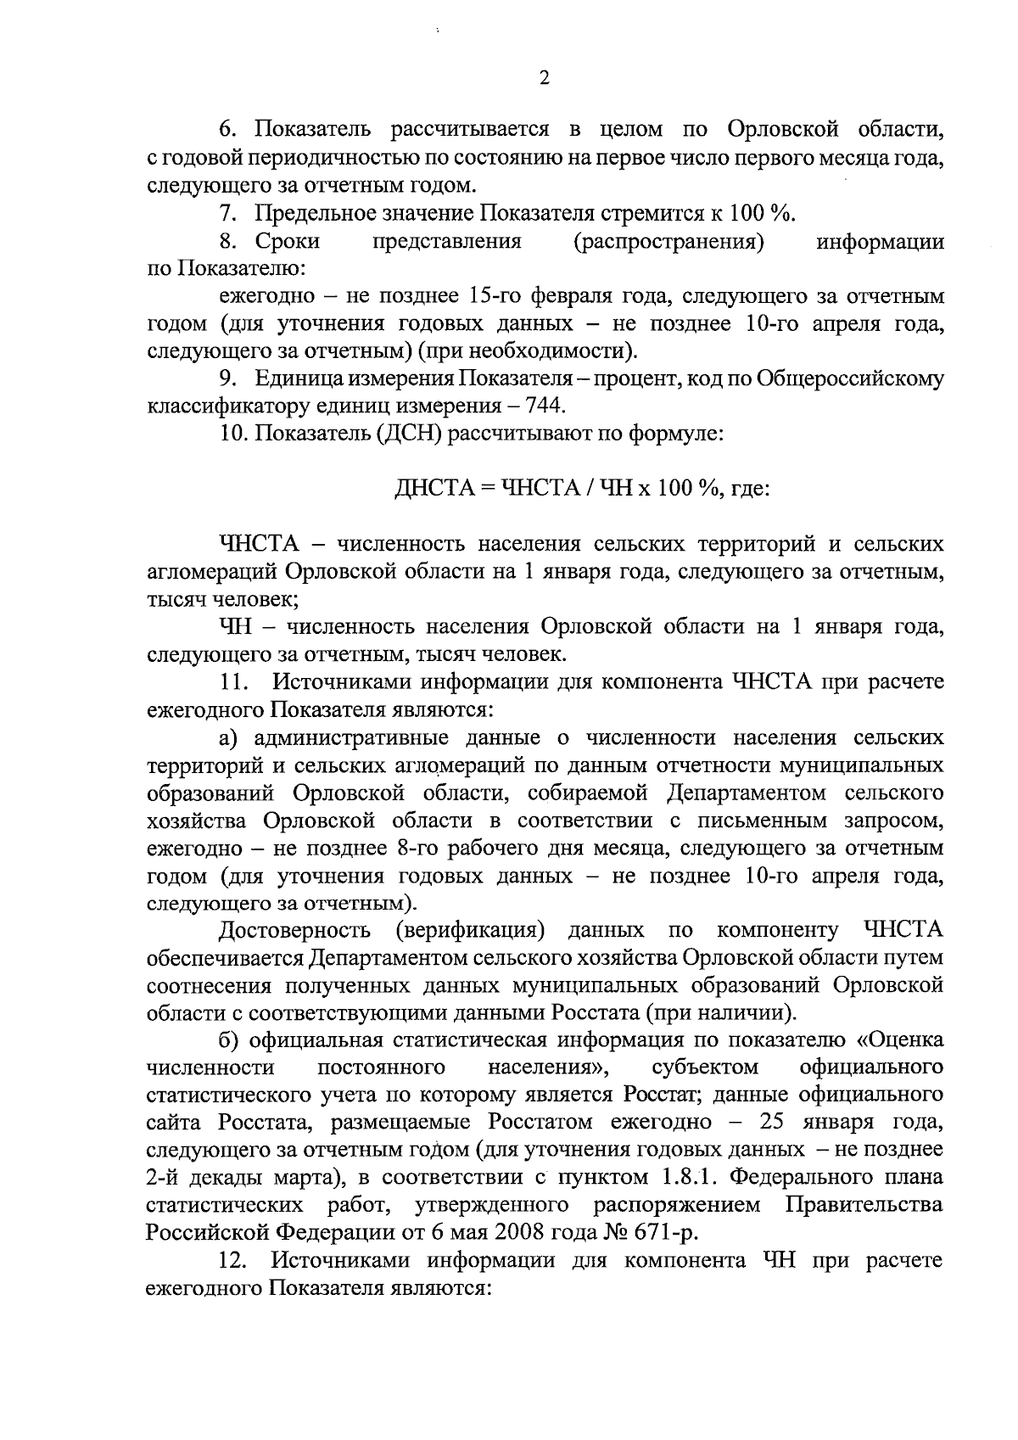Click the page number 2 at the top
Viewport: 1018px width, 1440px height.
tap(544, 77)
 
